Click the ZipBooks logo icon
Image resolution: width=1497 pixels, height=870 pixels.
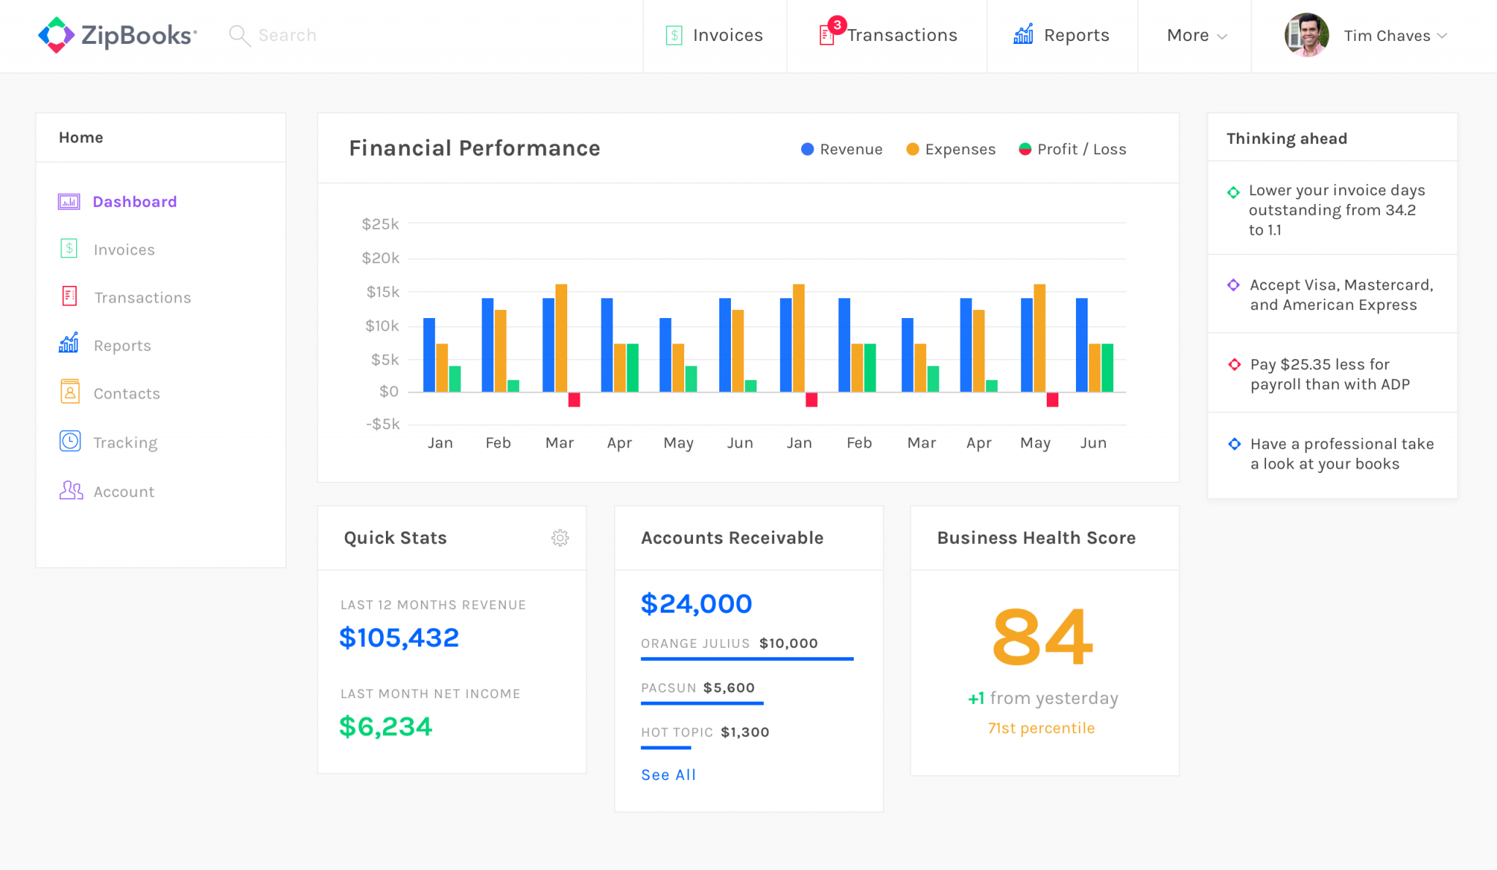[56, 34]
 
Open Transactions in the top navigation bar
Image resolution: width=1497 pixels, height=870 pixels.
[901, 35]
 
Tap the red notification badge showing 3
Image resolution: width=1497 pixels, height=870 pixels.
[837, 24]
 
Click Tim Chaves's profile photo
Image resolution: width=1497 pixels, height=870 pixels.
[1306, 35]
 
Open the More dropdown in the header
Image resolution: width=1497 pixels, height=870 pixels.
[1196, 35]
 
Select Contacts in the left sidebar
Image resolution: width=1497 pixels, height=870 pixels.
[126, 393]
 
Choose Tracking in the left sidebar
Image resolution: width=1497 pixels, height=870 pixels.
[125, 442]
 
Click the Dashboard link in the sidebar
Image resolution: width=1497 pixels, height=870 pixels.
[134, 202]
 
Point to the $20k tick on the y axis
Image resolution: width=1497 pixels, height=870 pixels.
[381, 258]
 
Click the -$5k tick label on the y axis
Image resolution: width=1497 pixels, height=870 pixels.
[382, 424]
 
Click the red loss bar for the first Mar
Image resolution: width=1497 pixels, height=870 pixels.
[574, 400]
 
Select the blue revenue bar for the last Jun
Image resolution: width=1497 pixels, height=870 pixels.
[1082, 345]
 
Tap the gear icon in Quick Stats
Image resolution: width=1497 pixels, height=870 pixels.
[560, 538]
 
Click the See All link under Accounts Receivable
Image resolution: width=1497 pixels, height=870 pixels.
[668, 775]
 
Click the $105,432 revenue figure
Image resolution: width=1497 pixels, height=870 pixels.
[399, 638]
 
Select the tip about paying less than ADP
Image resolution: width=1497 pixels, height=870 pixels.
[1329, 374]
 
